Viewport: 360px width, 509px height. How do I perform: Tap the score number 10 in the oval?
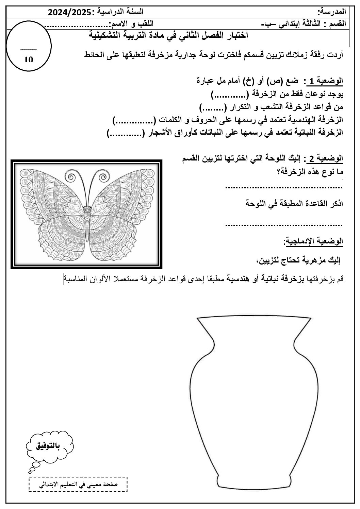pos(29,59)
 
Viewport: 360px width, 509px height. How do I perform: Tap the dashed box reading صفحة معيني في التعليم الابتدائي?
pos(79,484)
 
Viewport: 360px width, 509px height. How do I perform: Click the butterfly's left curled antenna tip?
pos(72,177)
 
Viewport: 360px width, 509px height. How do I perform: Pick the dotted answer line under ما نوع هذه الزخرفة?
pos(284,187)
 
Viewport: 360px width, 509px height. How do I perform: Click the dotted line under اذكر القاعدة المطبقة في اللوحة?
pos(284,224)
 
